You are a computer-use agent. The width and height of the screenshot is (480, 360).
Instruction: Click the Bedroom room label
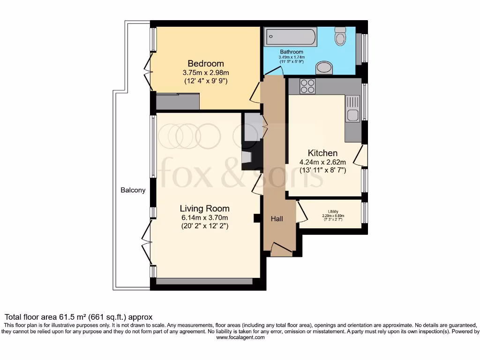pos(206,63)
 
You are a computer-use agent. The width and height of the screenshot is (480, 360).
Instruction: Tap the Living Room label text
pos(205,208)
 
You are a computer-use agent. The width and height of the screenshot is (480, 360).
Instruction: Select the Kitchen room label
pos(322,153)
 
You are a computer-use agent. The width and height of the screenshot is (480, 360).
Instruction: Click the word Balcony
pos(133,190)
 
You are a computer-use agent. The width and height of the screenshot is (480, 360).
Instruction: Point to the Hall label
pos(277,218)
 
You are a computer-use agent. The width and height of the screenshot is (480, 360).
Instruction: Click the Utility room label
pos(333,211)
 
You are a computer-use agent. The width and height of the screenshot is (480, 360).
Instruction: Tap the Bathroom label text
pos(292,52)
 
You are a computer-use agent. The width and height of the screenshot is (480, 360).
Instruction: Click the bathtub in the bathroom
pos(291,37)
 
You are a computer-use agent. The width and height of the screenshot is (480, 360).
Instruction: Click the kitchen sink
pos(352,108)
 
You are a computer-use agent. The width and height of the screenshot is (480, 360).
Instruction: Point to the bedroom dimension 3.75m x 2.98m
pos(206,73)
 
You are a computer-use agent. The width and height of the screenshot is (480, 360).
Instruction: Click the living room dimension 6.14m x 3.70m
pos(205,217)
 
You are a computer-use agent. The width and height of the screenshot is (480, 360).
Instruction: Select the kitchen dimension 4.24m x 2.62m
pos(322,162)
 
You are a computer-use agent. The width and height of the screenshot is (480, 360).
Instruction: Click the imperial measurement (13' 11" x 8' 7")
pos(322,171)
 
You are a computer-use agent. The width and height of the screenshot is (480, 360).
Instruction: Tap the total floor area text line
pos(78,317)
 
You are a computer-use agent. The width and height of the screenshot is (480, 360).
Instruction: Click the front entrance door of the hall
pos(280,250)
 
